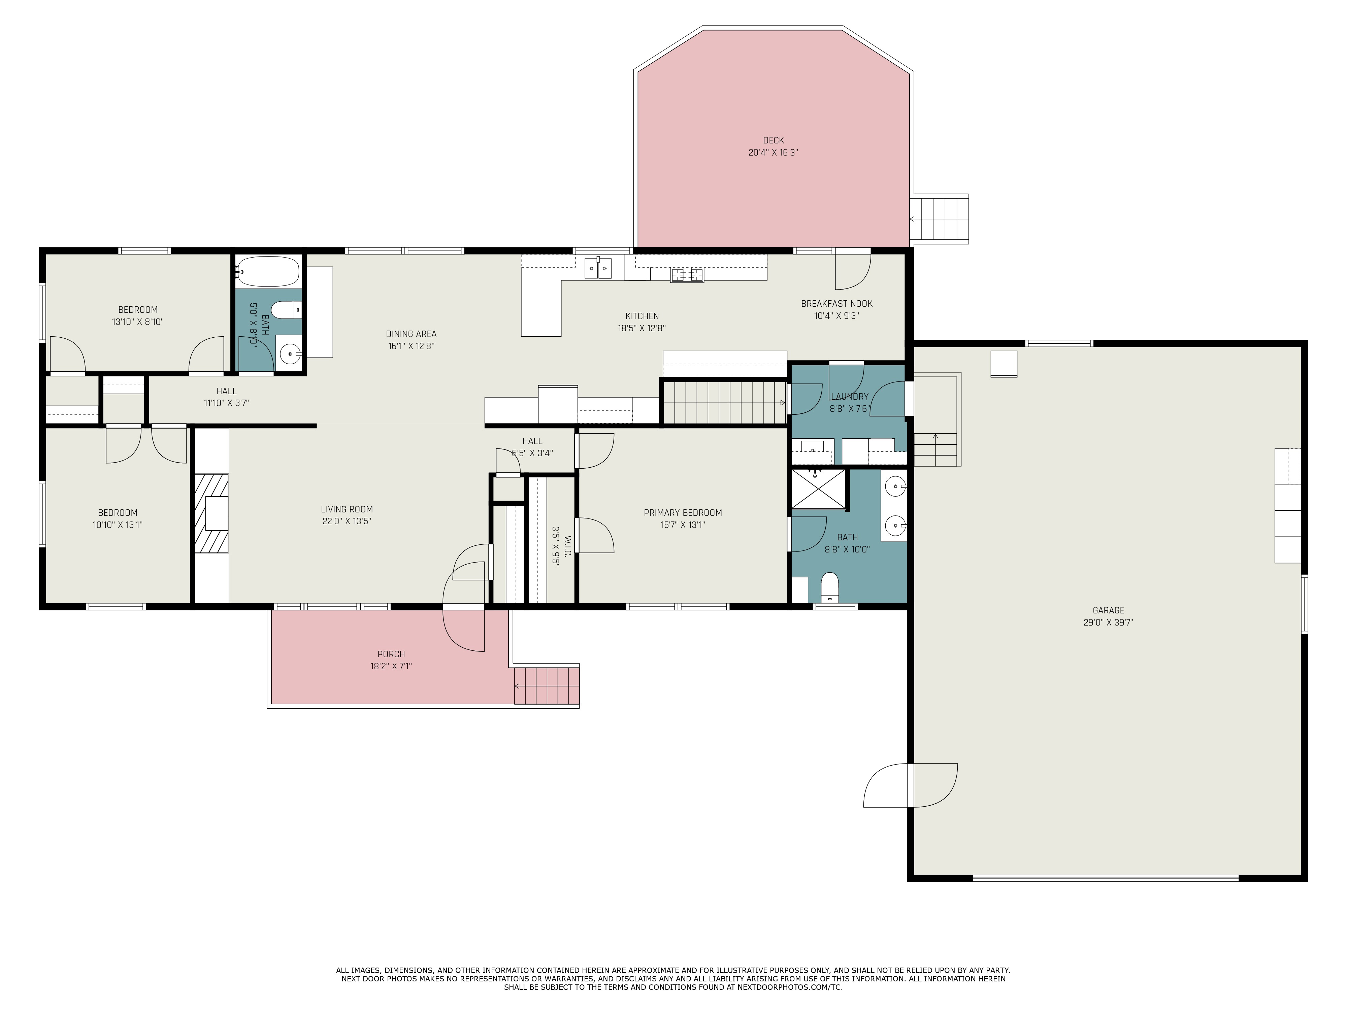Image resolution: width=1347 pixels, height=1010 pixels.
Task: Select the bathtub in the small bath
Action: [268, 271]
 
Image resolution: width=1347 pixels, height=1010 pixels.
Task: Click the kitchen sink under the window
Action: [598, 268]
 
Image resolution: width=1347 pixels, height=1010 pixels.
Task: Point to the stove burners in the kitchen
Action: [687, 275]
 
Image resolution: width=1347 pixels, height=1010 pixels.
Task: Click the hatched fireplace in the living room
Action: [211, 513]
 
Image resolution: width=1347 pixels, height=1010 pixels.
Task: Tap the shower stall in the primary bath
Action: [818, 488]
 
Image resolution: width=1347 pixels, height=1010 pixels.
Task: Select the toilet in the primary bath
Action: [829, 587]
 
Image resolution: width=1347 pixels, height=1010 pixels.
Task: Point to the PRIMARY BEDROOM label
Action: [683, 513]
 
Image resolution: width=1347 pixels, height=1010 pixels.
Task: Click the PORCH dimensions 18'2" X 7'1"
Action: [391, 666]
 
